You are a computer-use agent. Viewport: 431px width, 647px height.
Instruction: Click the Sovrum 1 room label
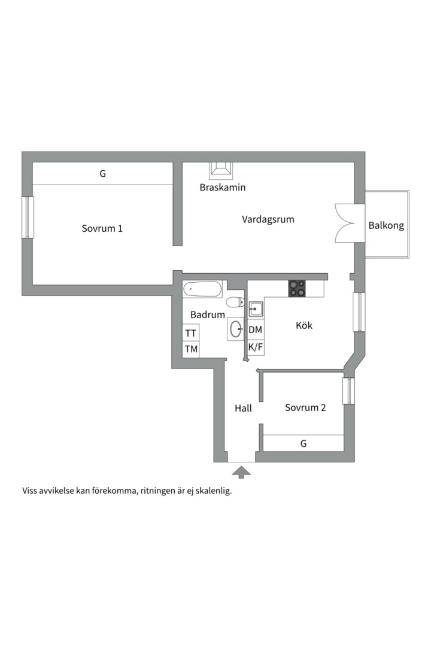[x=102, y=228]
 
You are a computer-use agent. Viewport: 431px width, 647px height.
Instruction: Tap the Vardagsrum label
[x=268, y=219]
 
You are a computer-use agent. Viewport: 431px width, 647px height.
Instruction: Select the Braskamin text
[x=223, y=188]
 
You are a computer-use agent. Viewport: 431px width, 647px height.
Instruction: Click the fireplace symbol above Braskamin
[x=221, y=170]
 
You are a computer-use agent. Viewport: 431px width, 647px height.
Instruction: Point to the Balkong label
[x=386, y=226]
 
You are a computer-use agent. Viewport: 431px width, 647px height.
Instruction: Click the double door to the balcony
[x=350, y=223]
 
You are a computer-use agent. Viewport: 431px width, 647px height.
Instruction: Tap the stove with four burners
[x=297, y=289]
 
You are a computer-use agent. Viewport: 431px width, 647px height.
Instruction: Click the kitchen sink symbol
[x=256, y=309]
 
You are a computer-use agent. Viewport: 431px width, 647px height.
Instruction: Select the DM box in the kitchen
[x=256, y=329]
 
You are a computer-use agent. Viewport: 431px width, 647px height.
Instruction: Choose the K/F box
[x=256, y=347]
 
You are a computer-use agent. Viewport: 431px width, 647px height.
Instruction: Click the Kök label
[x=304, y=326]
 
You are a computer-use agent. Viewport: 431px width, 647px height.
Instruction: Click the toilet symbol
[x=235, y=302]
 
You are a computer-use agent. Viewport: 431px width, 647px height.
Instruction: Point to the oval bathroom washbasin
[x=236, y=328]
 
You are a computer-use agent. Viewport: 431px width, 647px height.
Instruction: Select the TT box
[x=191, y=333]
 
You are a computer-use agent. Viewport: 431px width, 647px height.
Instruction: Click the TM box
[x=191, y=349]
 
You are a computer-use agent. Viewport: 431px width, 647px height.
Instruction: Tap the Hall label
[x=243, y=408]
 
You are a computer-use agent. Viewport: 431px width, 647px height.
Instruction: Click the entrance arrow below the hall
[x=241, y=473]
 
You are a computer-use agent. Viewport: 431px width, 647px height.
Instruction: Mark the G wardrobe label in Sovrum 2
[x=303, y=443]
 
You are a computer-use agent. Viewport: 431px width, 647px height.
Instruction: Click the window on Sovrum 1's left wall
[x=27, y=217]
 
